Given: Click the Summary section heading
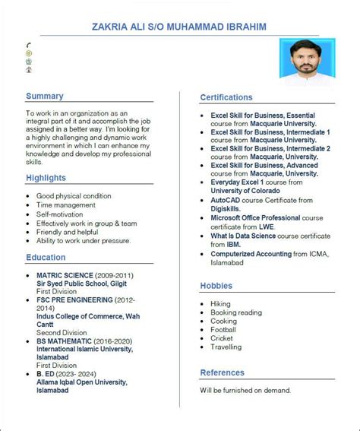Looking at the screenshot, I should (x=45, y=97).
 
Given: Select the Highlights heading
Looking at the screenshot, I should (x=46, y=178).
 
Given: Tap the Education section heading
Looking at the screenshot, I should (x=46, y=258).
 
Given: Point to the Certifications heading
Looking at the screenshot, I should (x=226, y=97).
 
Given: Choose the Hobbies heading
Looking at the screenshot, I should (x=216, y=286).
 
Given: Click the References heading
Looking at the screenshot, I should (x=223, y=372).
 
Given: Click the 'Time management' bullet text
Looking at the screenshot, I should (x=66, y=205).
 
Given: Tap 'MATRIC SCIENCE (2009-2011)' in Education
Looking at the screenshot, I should (x=85, y=275).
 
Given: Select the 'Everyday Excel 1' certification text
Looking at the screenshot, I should (x=237, y=182).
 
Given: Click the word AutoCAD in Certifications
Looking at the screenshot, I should (x=225, y=200).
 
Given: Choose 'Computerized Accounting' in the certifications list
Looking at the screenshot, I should (x=251, y=253).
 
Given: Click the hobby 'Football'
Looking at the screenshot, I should (x=223, y=330).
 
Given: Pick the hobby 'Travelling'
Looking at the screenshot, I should (x=226, y=347).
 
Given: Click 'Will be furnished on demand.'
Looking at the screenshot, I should (x=245, y=390).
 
